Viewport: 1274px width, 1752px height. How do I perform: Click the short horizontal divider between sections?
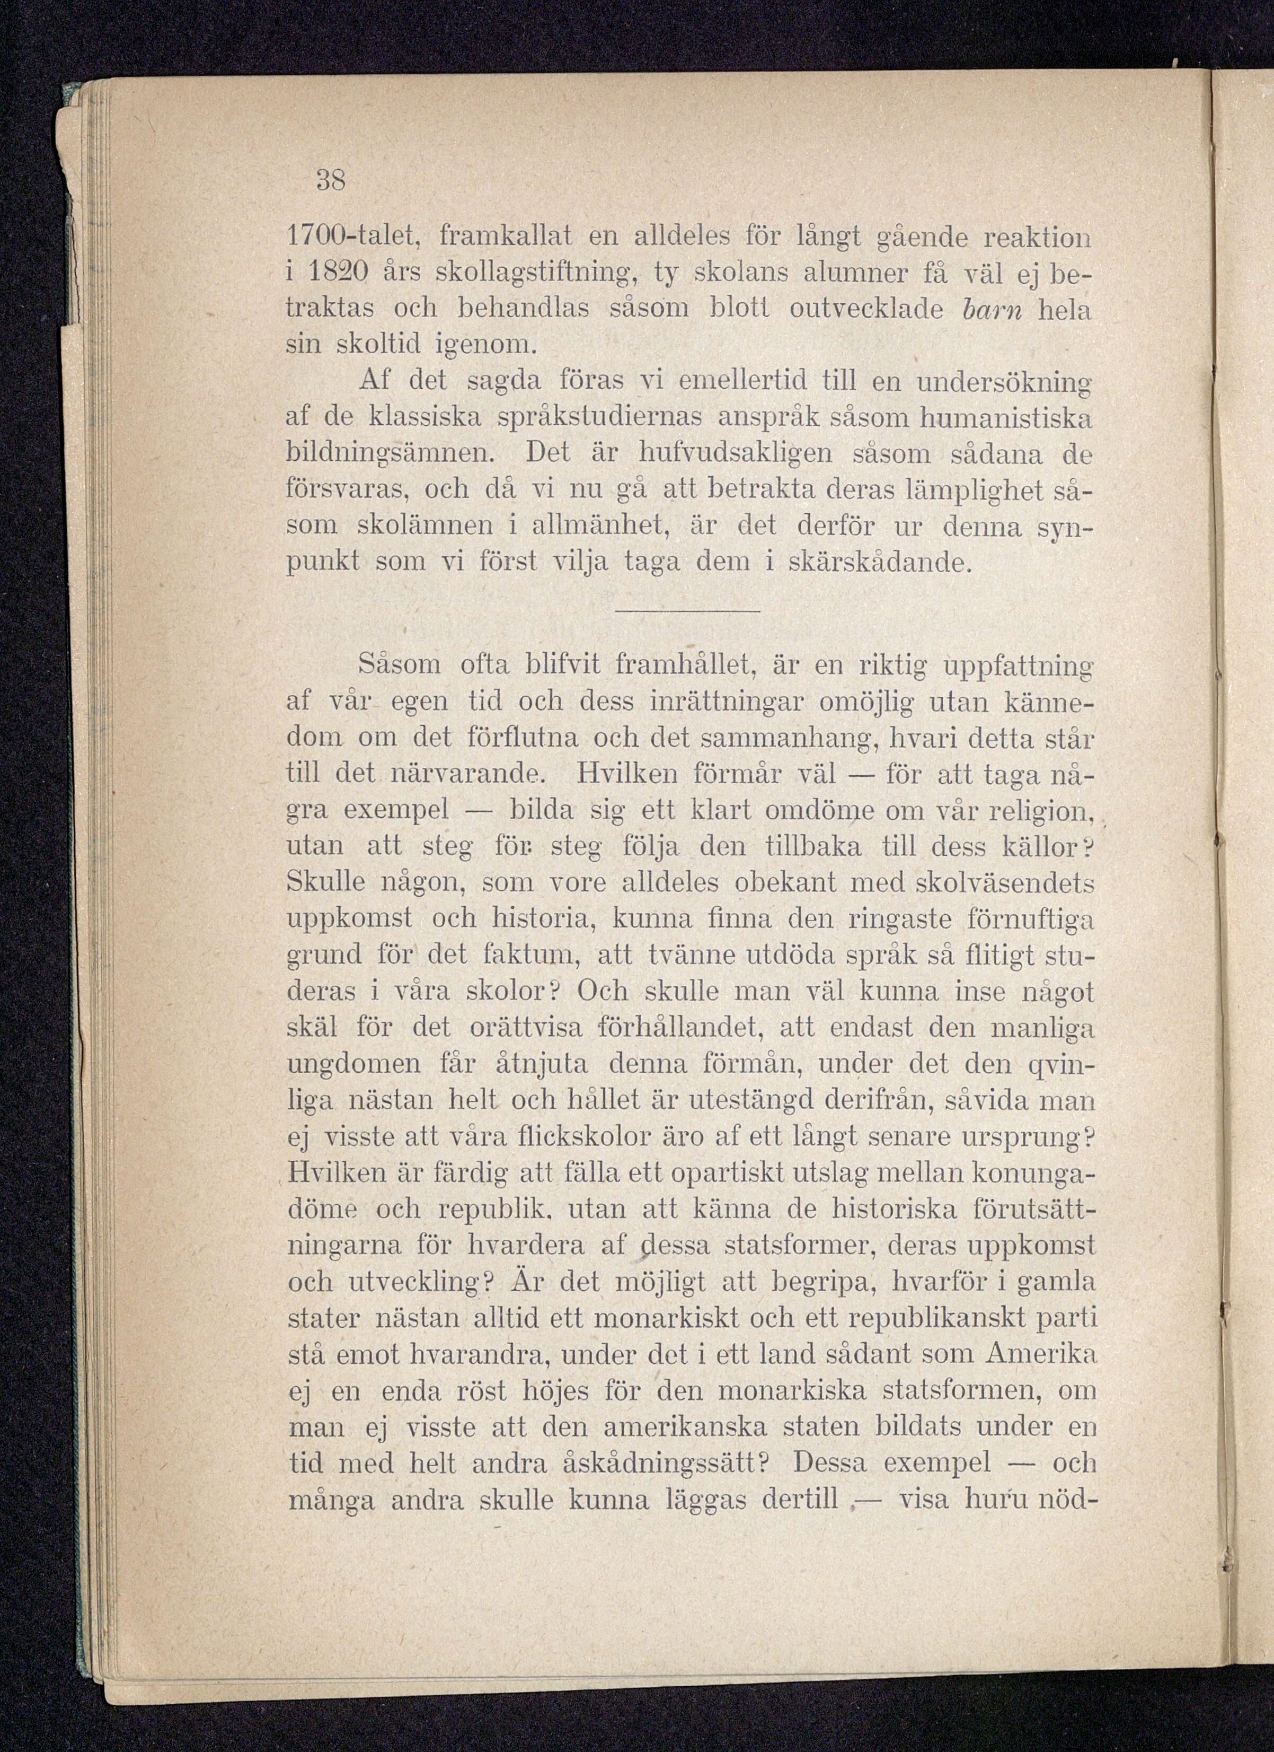click(x=688, y=612)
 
